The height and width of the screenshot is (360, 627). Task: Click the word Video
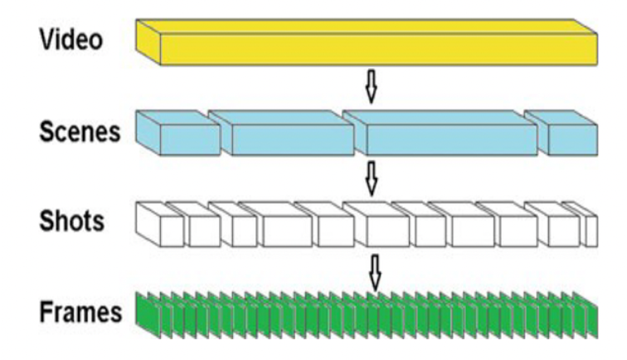click(x=71, y=40)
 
